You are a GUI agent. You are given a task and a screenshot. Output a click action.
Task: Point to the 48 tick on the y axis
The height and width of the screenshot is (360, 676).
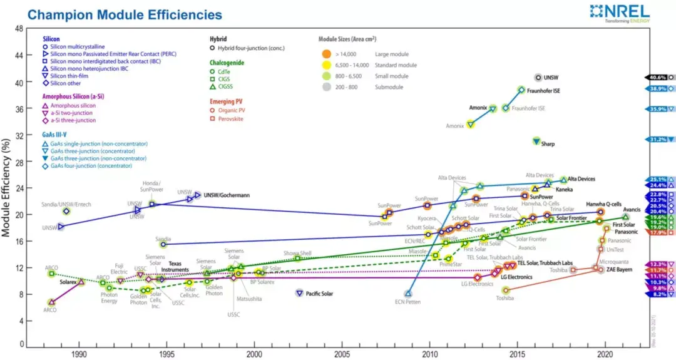pos(19,29)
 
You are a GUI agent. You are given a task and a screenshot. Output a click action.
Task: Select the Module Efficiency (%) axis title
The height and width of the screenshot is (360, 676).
pos(7,188)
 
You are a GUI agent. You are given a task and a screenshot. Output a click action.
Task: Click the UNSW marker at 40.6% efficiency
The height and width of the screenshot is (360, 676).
pos(538,78)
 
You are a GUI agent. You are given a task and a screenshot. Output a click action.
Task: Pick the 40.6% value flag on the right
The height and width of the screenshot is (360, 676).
pos(658,78)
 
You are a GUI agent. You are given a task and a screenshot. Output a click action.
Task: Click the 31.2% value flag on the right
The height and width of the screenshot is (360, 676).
pos(658,140)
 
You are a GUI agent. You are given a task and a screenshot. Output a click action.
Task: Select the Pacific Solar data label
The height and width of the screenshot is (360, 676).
pos(322,293)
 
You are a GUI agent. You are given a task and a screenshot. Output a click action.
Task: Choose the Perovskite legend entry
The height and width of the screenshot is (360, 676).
pos(229,119)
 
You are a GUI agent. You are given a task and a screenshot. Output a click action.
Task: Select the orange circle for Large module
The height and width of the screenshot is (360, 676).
pos(327,54)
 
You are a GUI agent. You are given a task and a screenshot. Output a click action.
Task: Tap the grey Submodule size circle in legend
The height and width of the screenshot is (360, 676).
pos(327,86)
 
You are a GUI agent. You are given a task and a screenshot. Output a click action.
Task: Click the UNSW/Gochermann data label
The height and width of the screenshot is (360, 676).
pos(227,195)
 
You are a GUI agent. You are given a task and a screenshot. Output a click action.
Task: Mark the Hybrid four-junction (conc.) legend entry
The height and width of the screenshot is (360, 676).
pos(250,47)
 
